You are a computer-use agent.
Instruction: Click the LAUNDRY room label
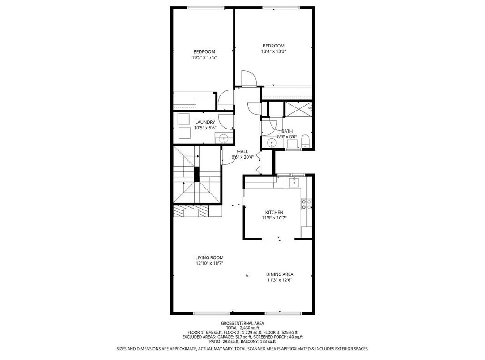tap(205, 122)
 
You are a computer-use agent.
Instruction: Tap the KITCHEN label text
tap(274, 212)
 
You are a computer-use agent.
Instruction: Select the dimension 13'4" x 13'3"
tap(273, 51)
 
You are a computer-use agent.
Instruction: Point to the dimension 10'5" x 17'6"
tap(204, 57)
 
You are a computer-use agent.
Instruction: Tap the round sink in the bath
tap(271, 143)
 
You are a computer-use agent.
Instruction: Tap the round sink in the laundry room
tap(224, 139)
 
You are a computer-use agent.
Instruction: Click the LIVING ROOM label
tap(209, 257)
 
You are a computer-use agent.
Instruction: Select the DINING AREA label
tap(280, 274)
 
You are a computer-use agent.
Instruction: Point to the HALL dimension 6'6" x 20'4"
tap(242, 157)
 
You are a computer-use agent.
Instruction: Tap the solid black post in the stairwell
tap(196, 174)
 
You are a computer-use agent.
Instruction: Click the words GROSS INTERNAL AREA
tap(242, 323)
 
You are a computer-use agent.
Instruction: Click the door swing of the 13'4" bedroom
tap(247, 78)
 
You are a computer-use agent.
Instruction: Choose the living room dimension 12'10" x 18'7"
tap(209, 263)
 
